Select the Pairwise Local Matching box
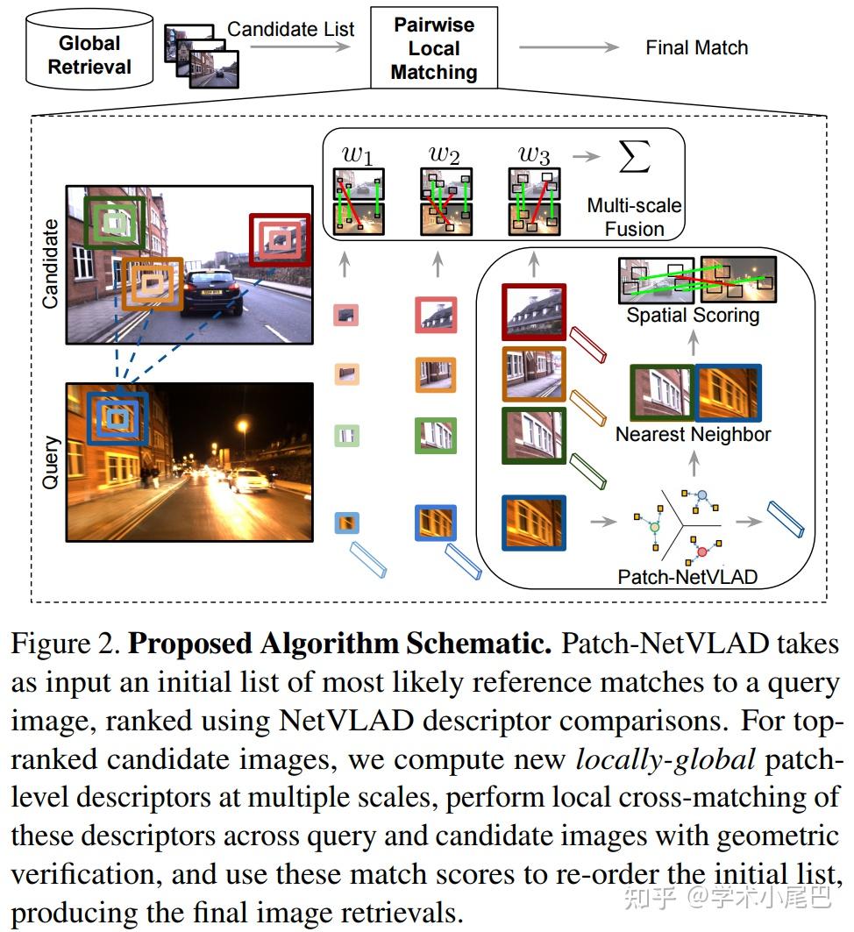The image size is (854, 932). tap(433, 48)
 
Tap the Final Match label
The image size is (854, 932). tap(696, 48)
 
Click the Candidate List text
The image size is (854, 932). tap(290, 29)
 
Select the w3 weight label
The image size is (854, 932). tap(533, 155)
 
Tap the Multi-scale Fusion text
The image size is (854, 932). tap(634, 217)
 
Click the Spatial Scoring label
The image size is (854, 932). tap(693, 315)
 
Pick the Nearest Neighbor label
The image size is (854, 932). tap(693, 434)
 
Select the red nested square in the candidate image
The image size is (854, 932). tap(279, 238)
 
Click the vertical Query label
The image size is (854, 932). tap(49, 461)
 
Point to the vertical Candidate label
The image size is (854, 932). tap(49, 264)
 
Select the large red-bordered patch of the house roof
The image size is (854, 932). tap(534, 311)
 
